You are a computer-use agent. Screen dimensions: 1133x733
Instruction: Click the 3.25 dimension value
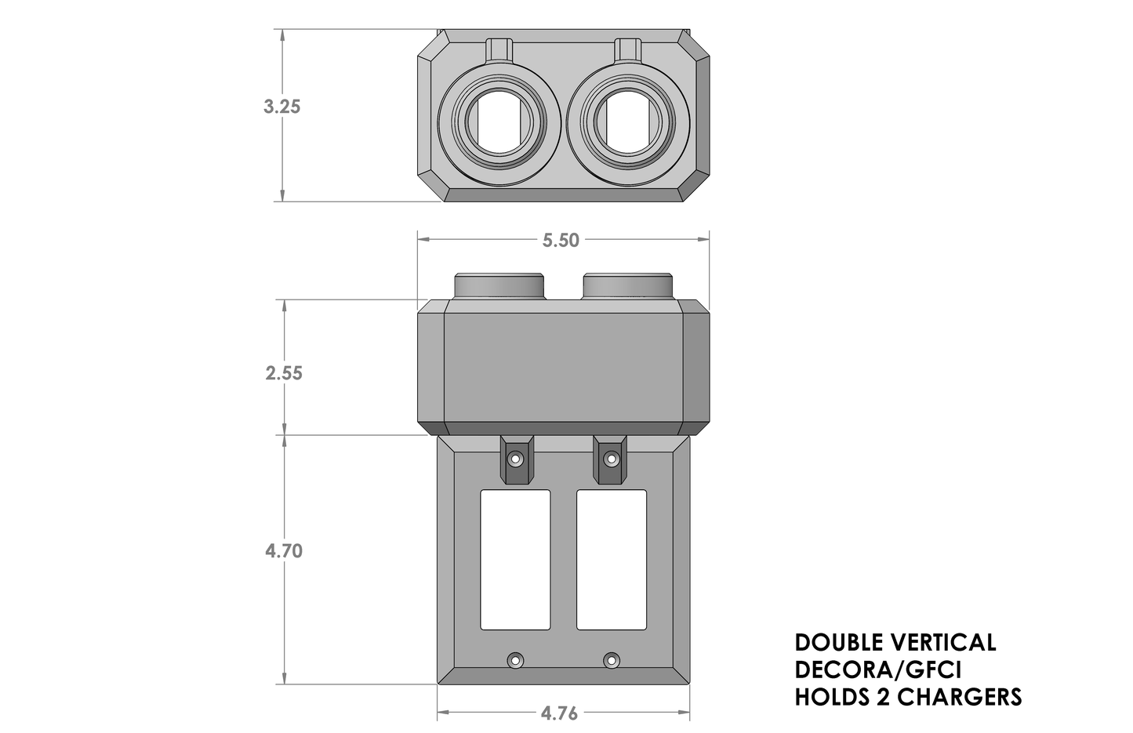point(281,107)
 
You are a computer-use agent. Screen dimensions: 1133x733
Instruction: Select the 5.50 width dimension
point(561,241)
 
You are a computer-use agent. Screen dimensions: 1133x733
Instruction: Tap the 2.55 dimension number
point(284,373)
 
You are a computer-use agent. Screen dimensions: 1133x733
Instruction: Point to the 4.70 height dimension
point(284,551)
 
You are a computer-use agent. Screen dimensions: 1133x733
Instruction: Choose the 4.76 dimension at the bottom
point(559,713)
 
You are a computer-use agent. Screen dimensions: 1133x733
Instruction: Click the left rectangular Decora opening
point(515,560)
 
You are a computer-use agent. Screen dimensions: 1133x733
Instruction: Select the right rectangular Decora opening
point(612,560)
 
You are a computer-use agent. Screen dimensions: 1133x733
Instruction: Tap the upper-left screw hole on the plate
point(515,459)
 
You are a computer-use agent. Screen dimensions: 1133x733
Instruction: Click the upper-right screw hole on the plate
point(612,459)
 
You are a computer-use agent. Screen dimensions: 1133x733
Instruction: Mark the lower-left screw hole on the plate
point(515,660)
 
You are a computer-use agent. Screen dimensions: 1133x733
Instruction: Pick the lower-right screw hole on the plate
point(612,660)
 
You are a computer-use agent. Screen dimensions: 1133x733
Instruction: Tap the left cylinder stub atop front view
point(499,286)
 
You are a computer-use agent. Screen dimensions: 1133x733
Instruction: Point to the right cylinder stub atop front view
point(628,286)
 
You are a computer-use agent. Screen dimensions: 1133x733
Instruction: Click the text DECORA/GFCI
point(878,670)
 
